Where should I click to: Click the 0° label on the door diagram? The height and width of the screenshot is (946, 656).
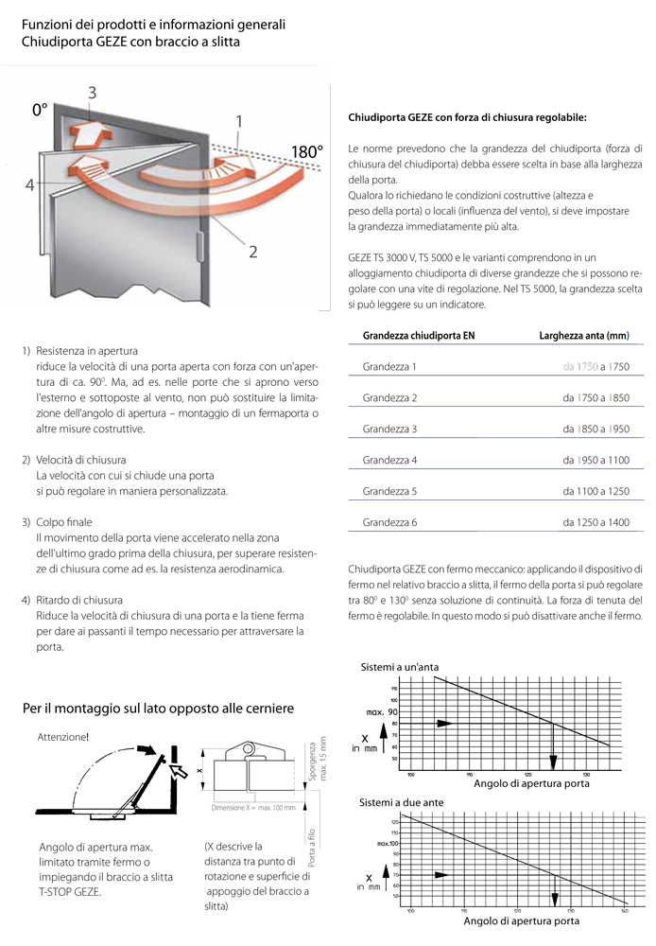tap(40, 111)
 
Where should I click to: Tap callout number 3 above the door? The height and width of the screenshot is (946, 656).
tap(92, 92)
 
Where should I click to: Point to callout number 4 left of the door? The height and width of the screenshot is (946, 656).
tap(30, 184)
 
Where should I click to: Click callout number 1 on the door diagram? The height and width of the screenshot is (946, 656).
tap(239, 120)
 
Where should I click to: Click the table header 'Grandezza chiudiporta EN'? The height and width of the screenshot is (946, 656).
tap(418, 335)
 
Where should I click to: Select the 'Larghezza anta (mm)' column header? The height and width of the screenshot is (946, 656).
tap(583, 335)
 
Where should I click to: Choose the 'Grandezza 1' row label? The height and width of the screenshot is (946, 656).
tap(389, 366)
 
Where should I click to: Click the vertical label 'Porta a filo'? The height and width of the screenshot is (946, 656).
tap(310, 848)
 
